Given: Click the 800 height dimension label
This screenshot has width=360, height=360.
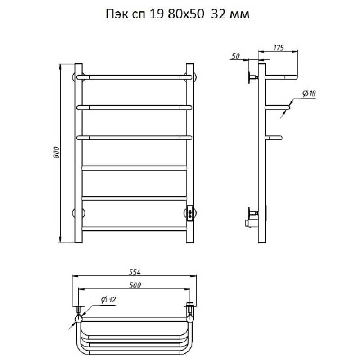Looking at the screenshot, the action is click(56, 153).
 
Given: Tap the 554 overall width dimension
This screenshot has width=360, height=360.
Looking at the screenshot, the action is click(134, 272).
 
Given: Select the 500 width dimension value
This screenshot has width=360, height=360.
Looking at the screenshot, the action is click(135, 285).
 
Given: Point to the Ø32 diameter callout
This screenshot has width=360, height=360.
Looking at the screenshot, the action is click(108, 300).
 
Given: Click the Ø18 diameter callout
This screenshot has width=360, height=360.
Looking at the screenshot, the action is click(309, 94).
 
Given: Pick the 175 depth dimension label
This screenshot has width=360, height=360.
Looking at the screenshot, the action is click(279, 48).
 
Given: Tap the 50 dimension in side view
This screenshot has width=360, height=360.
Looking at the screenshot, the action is click(235, 56).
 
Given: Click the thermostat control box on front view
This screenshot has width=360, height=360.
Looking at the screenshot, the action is click(190, 213).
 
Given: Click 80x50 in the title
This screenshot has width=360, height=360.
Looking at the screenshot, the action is click(186, 14).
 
